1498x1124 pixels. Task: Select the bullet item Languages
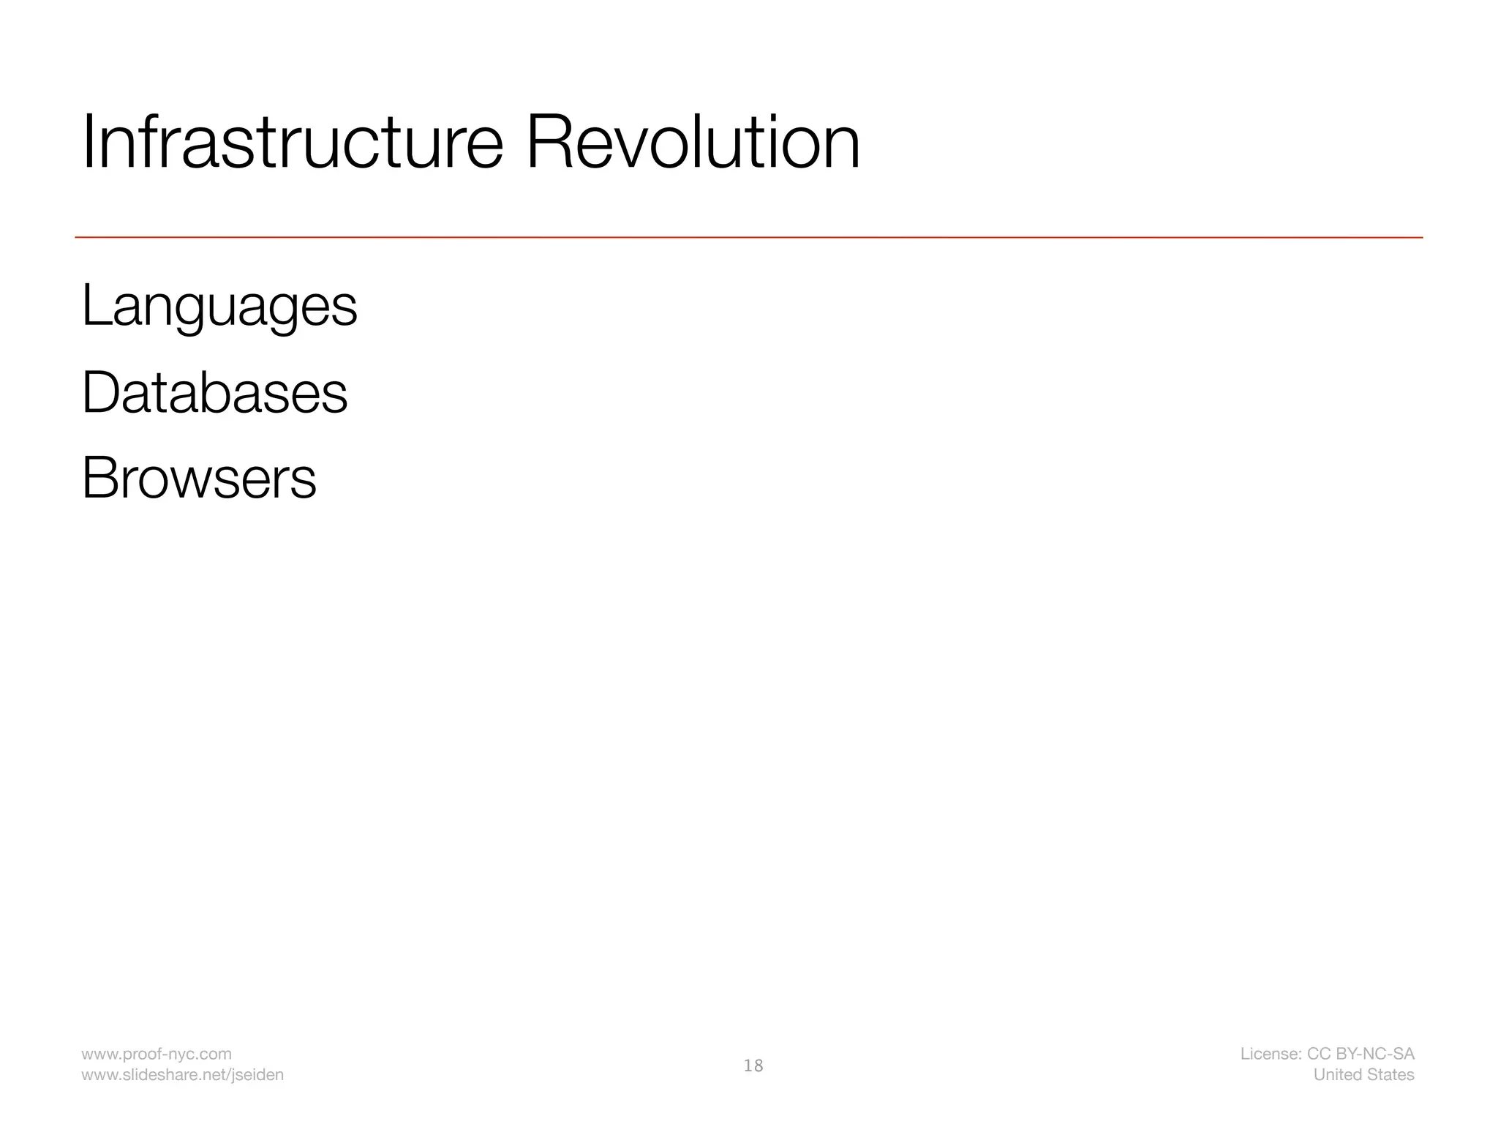pyautogui.click(x=219, y=307)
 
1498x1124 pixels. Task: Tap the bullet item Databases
pyautogui.click(x=214, y=393)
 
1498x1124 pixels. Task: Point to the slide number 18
pyautogui.click(x=753, y=1065)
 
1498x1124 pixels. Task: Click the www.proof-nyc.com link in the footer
pyautogui.click(x=157, y=1054)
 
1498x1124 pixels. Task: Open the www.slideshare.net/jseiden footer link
pyautogui.click(x=182, y=1074)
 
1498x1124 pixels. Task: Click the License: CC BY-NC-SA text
pyautogui.click(x=1327, y=1054)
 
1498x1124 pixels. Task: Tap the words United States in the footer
pyautogui.click(x=1363, y=1074)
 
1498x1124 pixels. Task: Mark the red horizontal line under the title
pyautogui.click(x=748, y=237)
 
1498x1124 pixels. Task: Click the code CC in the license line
pyautogui.click(x=1319, y=1054)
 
